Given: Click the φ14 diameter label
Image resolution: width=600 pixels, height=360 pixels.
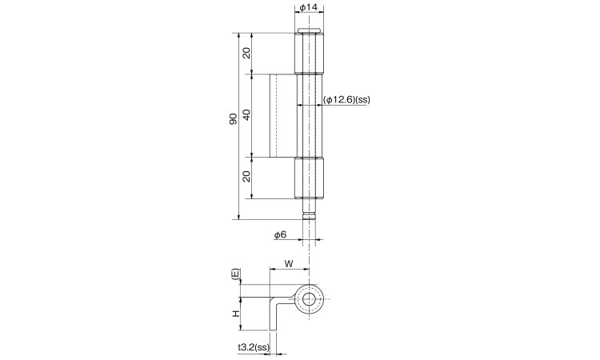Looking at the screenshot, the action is (309, 7).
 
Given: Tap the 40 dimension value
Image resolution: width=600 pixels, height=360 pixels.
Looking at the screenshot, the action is (246, 114).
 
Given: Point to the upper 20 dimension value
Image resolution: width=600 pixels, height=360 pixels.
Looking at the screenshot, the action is (246, 53).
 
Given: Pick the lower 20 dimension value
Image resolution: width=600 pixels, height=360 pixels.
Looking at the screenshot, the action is (246, 176).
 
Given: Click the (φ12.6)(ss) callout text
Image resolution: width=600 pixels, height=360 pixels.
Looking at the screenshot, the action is (346, 100).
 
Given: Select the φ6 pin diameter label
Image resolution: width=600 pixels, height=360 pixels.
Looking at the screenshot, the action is (280, 234).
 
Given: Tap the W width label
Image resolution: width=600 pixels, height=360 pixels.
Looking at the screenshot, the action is (289, 263).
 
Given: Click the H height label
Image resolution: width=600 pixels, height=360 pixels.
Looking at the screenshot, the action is (237, 314).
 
